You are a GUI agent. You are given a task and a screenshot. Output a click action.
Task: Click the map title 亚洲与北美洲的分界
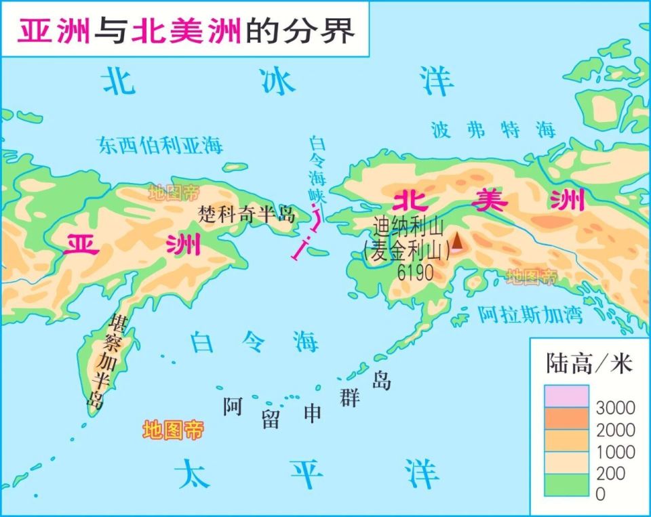pyautogui.click(x=186, y=30)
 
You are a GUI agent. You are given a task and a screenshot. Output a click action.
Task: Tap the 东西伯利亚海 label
pyautogui.click(x=160, y=144)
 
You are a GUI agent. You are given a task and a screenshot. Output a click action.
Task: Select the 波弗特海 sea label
pyautogui.click(x=494, y=129)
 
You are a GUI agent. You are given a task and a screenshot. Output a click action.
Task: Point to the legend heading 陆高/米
pyautogui.click(x=589, y=364)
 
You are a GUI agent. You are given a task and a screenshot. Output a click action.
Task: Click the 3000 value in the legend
pyautogui.click(x=615, y=408)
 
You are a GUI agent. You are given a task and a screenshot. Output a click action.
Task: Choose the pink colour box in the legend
pyautogui.click(x=566, y=396)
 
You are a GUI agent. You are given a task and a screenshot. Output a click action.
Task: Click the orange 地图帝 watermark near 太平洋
pyautogui.click(x=173, y=429)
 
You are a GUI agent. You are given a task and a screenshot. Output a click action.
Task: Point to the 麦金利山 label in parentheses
pyautogui.click(x=407, y=252)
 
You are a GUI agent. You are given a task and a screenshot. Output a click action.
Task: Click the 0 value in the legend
pyautogui.click(x=600, y=495)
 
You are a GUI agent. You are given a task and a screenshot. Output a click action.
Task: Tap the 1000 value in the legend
pyautogui.click(x=615, y=451)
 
